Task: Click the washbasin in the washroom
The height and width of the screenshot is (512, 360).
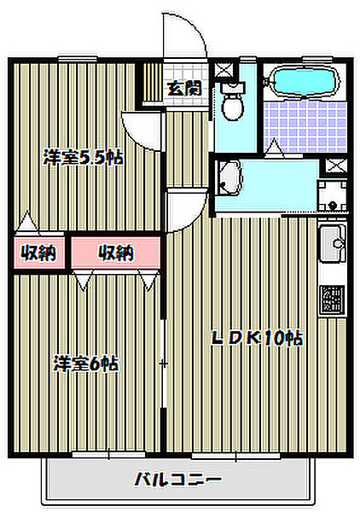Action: coord(229,178)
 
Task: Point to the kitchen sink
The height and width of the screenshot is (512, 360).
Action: coord(331,247)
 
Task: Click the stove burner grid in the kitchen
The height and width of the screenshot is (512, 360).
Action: coord(331,300)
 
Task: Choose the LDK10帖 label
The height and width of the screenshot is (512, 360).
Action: coord(256,337)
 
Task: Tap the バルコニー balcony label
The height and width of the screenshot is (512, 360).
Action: coord(177,480)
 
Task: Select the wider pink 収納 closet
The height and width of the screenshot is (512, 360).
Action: coord(115,253)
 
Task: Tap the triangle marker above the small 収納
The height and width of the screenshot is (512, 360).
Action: coord(28,222)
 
